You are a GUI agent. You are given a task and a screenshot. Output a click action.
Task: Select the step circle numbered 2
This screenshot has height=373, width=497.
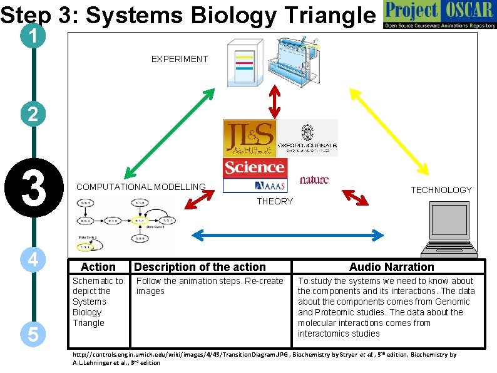pos(33,114)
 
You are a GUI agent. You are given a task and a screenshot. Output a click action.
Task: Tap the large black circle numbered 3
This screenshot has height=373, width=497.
pos(33,189)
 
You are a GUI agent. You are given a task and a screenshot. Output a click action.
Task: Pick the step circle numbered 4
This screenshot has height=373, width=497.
pos(33,260)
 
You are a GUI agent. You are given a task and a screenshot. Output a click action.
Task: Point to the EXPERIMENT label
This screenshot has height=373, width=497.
pos(179,59)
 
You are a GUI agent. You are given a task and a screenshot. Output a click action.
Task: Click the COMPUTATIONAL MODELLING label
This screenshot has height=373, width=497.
pos(141,187)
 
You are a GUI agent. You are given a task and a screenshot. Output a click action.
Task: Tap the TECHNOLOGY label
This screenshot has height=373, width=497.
pos(441,190)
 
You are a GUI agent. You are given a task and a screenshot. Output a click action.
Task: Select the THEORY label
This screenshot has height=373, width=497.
pos(275,201)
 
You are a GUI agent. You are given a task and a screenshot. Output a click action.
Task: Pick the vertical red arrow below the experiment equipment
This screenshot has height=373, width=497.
pos(274,100)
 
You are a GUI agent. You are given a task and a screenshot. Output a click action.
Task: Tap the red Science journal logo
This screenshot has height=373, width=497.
pos(254,167)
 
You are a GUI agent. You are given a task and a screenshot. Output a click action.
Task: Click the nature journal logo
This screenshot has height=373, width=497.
pos(314,180)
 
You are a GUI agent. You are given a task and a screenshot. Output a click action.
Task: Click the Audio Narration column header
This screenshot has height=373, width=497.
pos(391,267)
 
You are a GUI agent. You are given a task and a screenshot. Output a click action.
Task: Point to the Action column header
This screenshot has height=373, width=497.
pos(98,267)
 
